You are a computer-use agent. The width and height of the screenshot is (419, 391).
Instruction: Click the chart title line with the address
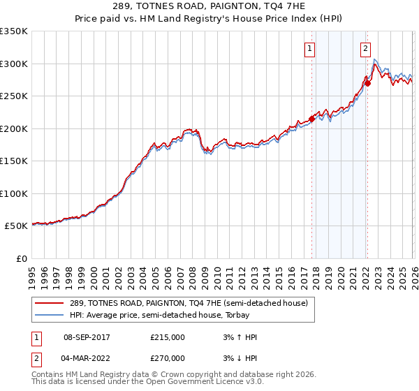209,8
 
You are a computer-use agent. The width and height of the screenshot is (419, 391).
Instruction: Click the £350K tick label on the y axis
14,31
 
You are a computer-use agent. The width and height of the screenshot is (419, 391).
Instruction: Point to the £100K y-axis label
14,194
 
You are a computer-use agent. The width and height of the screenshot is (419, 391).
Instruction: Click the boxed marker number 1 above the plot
309,49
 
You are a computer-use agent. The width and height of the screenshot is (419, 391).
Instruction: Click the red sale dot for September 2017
311,119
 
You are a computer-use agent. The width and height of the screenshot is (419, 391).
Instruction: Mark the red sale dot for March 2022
367,83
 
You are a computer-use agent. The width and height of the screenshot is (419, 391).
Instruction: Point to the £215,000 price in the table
168,337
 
